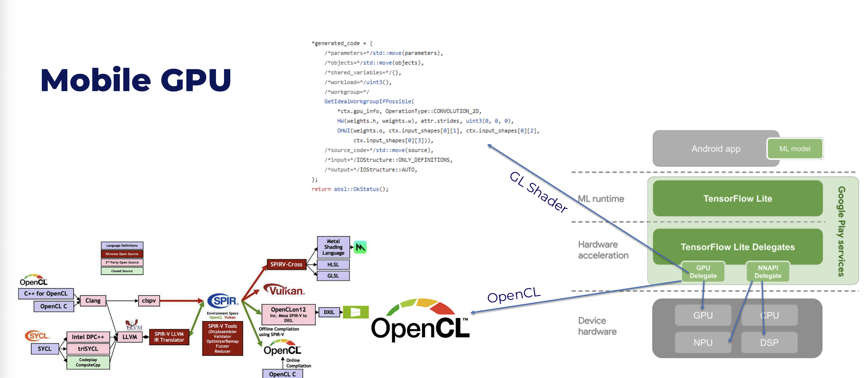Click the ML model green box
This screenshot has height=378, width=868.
click(x=794, y=149)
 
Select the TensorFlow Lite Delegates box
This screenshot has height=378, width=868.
click(x=737, y=247)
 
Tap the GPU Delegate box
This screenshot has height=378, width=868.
click(x=703, y=271)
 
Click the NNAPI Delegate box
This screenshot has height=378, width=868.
click(x=768, y=271)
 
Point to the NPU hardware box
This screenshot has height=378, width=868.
click(x=703, y=342)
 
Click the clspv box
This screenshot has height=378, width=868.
click(x=149, y=300)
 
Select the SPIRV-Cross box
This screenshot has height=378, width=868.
click(x=286, y=264)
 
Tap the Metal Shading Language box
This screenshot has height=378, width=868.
click(x=333, y=247)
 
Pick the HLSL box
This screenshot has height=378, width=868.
click(x=333, y=264)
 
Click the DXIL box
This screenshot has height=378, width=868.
click(x=329, y=312)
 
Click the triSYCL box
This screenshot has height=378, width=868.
click(x=88, y=349)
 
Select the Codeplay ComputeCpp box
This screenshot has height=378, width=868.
click(x=88, y=362)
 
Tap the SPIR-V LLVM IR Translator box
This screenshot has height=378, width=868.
click(x=169, y=337)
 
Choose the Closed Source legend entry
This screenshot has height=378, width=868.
click(x=122, y=271)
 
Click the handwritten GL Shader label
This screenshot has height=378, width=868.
click(x=538, y=192)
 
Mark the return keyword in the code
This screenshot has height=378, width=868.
click(x=321, y=189)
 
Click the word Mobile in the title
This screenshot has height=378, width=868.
click(x=95, y=80)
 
